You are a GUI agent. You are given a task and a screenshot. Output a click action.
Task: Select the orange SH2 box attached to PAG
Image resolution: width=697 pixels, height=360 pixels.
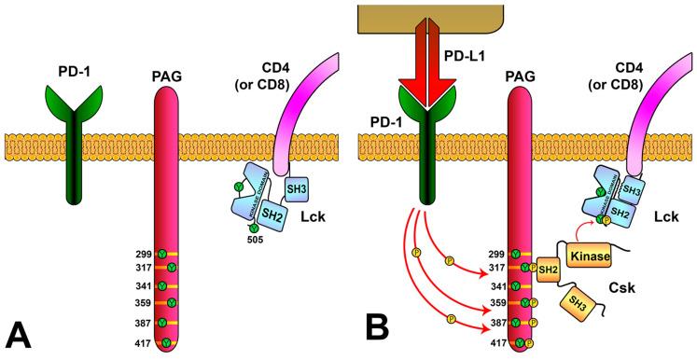pyautogui.click(x=550, y=270)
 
